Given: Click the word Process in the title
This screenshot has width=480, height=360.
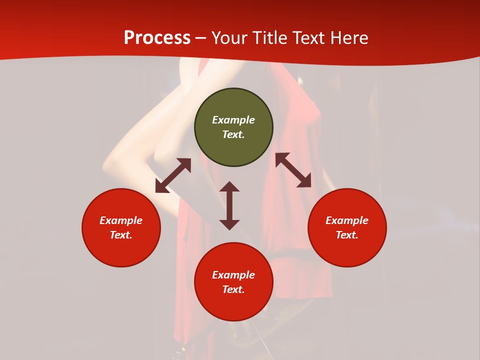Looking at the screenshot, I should [x=157, y=38].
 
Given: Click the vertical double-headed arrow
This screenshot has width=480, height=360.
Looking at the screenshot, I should [x=229, y=205].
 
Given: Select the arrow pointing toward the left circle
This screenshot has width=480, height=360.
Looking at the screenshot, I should [x=173, y=175].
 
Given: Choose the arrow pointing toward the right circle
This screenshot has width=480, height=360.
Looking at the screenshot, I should [x=293, y=170].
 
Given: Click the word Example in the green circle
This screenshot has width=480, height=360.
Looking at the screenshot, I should [x=233, y=120].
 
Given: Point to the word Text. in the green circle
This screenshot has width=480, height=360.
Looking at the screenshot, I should [x=233, y=134].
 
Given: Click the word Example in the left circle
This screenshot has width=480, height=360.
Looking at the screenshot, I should [x=121, y=220].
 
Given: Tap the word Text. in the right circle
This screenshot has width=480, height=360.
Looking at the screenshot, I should [x=347, y=235].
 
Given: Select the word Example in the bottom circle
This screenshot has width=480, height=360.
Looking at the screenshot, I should [x=233, y=275].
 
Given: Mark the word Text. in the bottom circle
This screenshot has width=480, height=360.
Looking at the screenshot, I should [x=233, y=289].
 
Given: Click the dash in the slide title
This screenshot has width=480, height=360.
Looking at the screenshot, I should [x=201, y=38].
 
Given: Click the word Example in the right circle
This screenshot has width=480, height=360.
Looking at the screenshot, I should [x=347, y=220].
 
